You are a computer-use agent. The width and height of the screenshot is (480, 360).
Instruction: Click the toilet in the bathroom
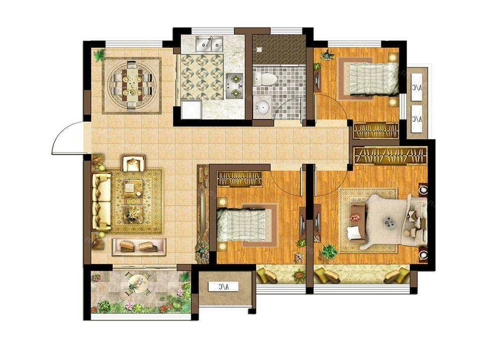coord(265,79)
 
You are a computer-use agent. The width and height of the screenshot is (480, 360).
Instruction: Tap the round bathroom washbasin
coord(262,107)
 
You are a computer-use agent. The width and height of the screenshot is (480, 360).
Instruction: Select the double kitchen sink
coord(209,44)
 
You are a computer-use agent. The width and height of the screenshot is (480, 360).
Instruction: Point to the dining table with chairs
coord(131,85)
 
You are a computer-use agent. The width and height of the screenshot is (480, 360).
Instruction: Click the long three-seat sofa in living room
coord(101,201)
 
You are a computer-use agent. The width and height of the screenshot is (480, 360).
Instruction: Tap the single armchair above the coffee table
coord(133,163)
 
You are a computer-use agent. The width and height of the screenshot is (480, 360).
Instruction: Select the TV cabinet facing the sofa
coord(139,247)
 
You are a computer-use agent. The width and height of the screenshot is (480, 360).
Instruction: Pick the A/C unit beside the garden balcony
coord(223,287)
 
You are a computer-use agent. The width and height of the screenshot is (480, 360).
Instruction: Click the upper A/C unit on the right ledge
coord(416,87)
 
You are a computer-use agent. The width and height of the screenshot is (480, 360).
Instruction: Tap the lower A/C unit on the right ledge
coord(416,119)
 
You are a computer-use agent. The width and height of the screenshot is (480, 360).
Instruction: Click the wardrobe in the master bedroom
coord(391,155)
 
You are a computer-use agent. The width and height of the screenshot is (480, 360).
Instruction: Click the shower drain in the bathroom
coord(259,49)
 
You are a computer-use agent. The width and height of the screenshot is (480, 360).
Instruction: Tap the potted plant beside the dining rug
coord(99,56)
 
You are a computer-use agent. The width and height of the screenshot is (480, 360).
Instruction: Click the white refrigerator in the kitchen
coord(191,109)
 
